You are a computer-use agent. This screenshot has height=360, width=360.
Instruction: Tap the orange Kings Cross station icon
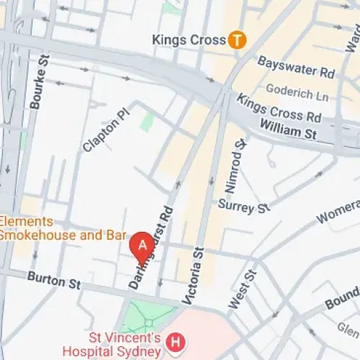[235, 41]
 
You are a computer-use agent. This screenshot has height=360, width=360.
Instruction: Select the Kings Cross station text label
[189, 40]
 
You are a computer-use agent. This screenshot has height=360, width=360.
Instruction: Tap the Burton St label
[53, 280]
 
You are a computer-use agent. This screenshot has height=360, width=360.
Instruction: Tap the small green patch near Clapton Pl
[147, 120]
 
